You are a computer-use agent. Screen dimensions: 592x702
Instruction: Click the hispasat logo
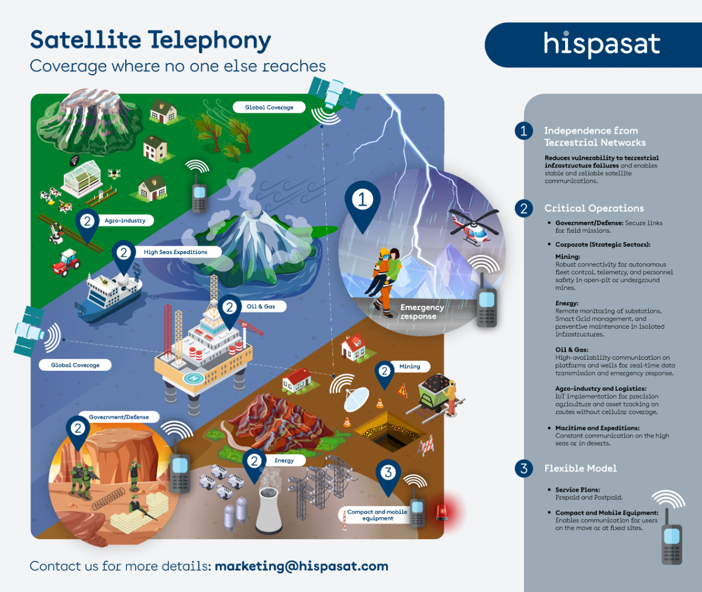[x=601, y=44]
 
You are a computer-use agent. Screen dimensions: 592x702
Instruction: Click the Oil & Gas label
[x=261, y=307]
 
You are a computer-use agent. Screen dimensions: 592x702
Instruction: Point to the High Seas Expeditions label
[x=175, y=252]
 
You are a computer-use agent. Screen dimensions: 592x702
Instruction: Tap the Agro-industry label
[x=125, y=221]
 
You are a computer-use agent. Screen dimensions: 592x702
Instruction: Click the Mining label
[x=409, y=367]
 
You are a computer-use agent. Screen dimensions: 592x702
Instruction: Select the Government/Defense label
[x=119, y=417]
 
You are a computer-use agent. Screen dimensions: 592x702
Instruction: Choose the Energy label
[x=284, y=460]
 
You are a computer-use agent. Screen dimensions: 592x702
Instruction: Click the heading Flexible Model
[x=580, y=469]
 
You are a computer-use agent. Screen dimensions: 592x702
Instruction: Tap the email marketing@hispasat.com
[x=301, y=566]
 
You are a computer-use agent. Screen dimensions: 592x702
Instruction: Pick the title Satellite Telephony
[x=150, y=40]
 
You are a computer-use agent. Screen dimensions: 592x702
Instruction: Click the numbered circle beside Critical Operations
[x=524, y=208]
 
